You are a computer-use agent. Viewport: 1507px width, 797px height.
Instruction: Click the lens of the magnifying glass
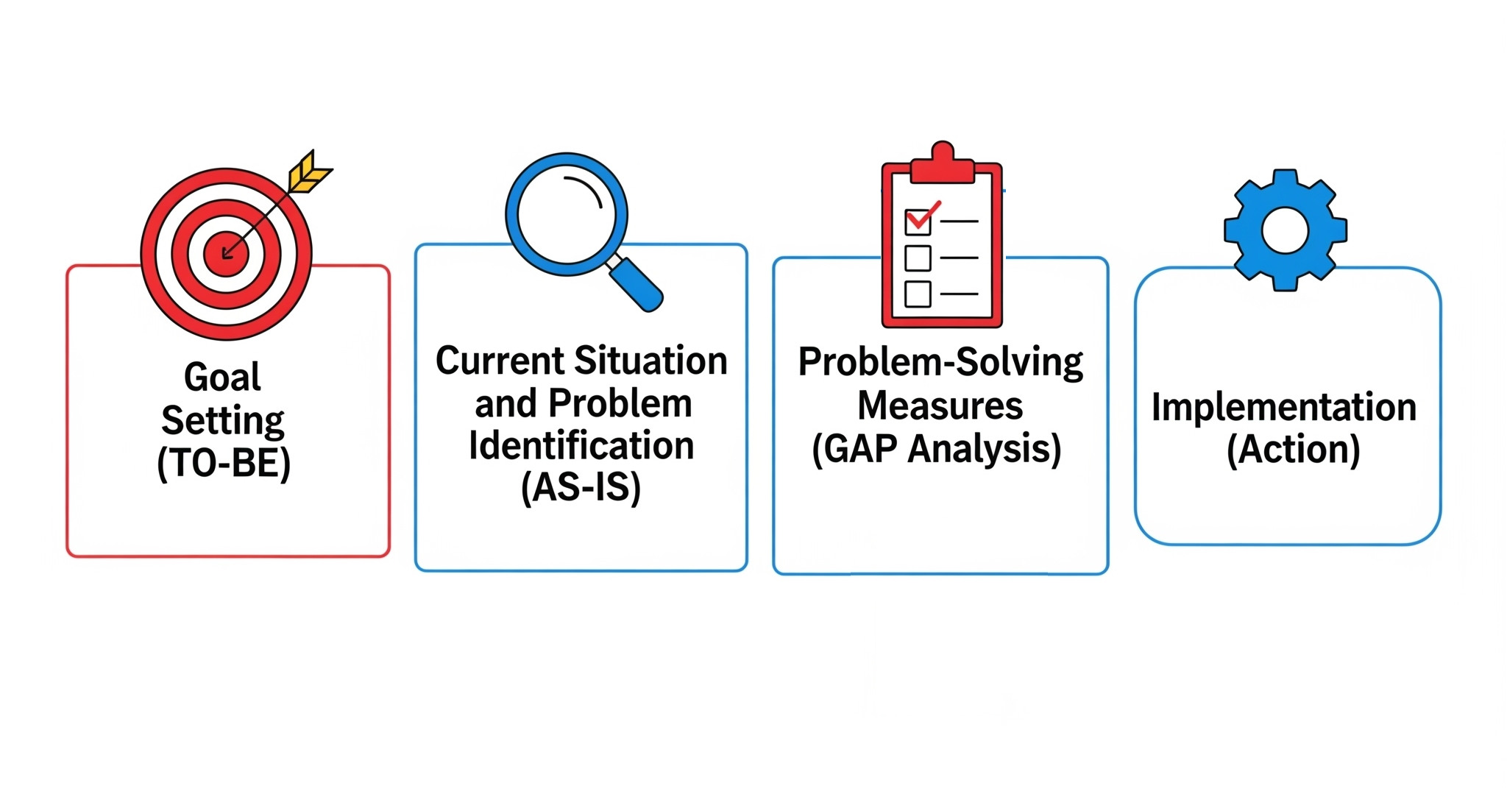click(566, 213)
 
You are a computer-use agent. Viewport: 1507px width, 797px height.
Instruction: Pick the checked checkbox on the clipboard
click(918, 222)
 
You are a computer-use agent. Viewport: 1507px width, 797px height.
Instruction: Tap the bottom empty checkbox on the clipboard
click(918, 294)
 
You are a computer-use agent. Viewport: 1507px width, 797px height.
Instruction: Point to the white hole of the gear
click(1285, 230)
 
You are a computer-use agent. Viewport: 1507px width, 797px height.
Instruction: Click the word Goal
click(222, 378)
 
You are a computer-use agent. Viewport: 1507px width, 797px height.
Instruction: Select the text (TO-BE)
click(224, 464)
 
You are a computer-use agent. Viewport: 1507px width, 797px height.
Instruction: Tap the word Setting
click(223, 421)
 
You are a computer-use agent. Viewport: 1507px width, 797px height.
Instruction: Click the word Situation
click(650, 361)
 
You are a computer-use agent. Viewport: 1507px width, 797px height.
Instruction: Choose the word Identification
click(581, 446)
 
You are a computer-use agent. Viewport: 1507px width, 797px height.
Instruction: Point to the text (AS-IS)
click(581, 488)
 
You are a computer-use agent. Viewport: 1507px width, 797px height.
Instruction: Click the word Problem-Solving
click(940, 363)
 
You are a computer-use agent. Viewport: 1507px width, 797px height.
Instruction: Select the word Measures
click(940, 405)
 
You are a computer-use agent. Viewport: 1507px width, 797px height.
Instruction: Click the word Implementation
click(1284, 408)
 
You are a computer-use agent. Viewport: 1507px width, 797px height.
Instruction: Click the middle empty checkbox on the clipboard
click(918, 258)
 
